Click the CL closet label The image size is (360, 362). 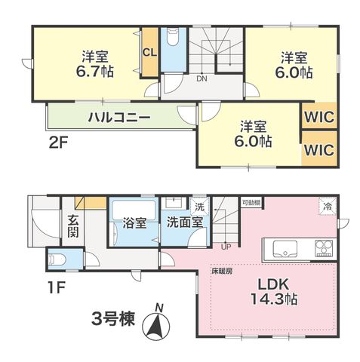point(149,53)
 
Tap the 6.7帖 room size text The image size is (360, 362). point(95,72)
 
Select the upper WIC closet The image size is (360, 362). point(319,116)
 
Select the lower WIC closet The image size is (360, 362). point(319,149)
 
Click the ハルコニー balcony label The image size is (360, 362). point(119,117)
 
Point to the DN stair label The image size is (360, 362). point(202,79)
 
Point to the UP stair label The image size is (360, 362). point(226,247)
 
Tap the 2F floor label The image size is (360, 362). point(58,143)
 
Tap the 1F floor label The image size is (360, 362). point(57,288)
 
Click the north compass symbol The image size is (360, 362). point(156,325)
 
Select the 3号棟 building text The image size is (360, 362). point(113,319)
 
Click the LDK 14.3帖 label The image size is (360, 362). point(274,292)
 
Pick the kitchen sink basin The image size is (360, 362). point(285,249)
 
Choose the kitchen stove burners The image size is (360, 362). point(325,248)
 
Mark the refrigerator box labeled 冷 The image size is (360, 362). point(328,207)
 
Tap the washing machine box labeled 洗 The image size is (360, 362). point(200,207)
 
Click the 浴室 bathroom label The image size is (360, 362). point(134,222)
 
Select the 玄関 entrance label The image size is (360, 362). point(73,226)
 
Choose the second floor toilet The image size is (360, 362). point(173,37)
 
